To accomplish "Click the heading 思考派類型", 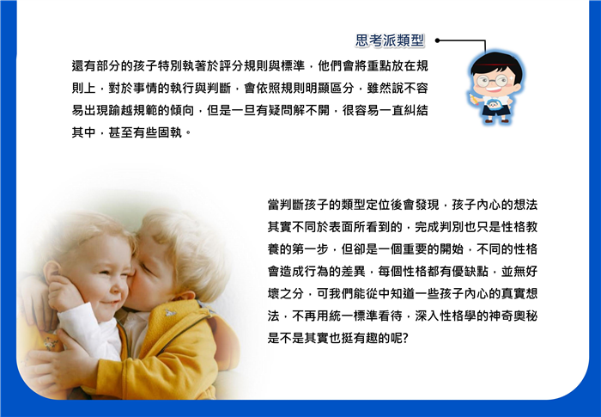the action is pyautogui.click(x=390, y=40).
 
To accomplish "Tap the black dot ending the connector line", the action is pyautogui.click(x=437, y=40).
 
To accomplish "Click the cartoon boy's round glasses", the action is pyautogui.click(x=492, y=81).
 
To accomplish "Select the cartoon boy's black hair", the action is pyautogui.click(x=497, y=64).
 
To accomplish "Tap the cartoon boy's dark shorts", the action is pyautogui.click(x=496, y=111).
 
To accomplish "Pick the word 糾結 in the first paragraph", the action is pyautogui.click(x=416, y=111).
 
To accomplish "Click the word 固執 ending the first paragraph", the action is pyautogui.click(x=170, y=133).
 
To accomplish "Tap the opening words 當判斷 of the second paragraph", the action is pyautogui.click(x=286, y=205).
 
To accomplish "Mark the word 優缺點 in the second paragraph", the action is pyautogui.click(x=470, y=272).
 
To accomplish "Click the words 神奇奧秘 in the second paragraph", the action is pyautogui.click(x=513, y=316).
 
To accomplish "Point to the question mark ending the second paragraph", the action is pyautogui.click(x=405, y=339).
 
